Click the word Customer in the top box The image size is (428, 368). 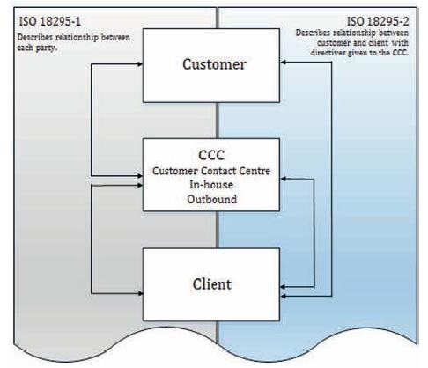coord(214,64)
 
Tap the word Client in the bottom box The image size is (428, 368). coord(212,284)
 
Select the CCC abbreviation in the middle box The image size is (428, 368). coord(211,155)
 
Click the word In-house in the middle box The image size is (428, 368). coord(211,185)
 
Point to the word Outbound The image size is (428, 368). coord(211,199)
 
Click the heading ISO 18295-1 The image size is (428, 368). coord(50,21)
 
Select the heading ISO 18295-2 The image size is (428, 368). coord(378,21)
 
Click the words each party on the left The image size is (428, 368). coord(36,48)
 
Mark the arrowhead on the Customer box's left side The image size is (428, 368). coord(139,64)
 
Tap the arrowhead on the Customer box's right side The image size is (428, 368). coord(284,62)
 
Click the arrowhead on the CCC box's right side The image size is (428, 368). coord(284,179)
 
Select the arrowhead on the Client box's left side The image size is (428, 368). coord(139,293)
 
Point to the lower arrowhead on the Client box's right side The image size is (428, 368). coord(284,297)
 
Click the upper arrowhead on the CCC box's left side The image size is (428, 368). coord(139,176)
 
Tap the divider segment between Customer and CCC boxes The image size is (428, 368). coord(218,121)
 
